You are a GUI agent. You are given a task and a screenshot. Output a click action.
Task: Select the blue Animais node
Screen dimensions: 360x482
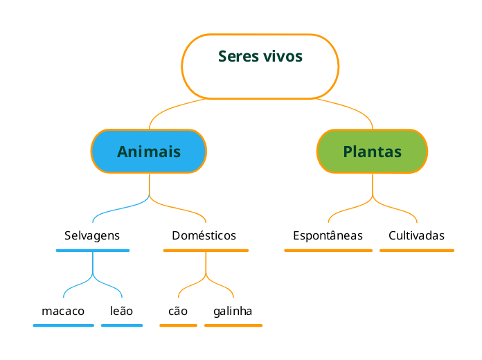point(149,151)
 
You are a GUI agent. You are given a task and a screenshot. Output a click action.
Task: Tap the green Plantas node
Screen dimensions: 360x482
point(372,151)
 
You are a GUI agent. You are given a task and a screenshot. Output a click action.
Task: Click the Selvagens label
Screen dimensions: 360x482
point(92,235)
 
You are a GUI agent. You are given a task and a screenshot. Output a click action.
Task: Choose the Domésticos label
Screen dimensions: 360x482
point(204,235)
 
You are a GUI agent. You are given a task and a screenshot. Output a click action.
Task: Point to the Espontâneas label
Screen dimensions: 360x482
point(328,235)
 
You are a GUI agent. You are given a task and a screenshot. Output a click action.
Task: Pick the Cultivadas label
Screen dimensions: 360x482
point(416,235)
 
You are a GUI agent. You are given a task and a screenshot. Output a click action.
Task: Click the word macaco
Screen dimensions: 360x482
point(63,311)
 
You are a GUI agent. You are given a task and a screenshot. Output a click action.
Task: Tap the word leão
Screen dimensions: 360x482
point(121,311)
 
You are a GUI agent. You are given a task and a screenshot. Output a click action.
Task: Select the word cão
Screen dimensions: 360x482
point(178,311)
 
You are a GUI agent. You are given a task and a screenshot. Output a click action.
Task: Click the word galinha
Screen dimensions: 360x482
point(233,311)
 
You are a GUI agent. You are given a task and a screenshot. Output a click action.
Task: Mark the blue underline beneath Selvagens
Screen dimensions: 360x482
point(92,250)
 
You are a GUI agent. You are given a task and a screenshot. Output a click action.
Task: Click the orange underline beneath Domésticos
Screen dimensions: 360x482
point(206,250)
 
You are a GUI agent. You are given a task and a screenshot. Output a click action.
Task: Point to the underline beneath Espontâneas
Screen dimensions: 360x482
point(328,250)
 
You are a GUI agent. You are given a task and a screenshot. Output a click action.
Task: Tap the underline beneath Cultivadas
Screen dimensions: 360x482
point(417,250)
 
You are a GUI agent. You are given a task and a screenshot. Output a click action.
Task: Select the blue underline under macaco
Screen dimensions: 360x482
point(63,325)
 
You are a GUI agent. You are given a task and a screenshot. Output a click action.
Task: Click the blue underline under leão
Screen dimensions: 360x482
point(122,325)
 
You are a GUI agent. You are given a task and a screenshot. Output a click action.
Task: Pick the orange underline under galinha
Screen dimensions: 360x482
point(233,325)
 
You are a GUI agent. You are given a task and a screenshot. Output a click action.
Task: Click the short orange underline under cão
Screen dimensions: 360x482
point(178,325)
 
